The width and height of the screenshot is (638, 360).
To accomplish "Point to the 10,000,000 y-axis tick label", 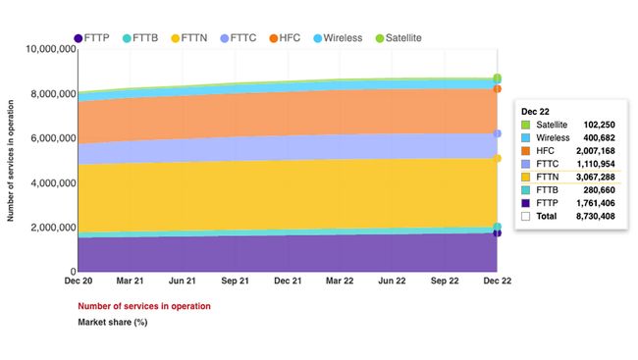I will pos(43,49).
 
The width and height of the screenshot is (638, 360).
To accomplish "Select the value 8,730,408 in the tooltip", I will pos(592,216).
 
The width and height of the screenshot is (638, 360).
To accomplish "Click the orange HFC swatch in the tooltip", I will pos(526,152).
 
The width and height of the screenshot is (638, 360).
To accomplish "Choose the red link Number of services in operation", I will pos(143,306).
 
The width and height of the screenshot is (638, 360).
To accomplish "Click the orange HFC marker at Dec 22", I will pos(498,89).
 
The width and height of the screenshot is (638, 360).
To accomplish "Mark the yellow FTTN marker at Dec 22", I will pos(498,158).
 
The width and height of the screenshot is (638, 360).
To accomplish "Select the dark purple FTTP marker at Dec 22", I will pos(498,233).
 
